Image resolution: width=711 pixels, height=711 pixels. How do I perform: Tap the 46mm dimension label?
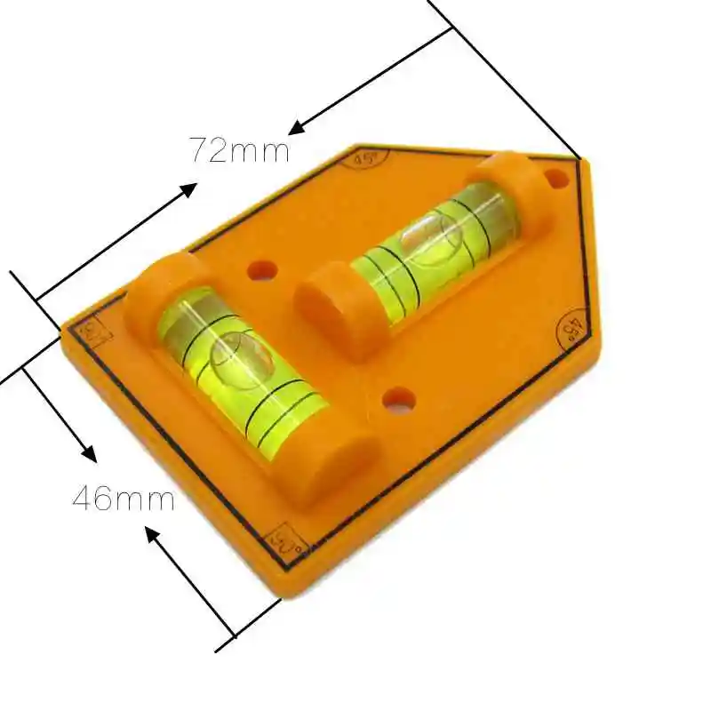(x=124, y=498)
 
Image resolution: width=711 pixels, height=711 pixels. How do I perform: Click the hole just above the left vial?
(x=262, y=268)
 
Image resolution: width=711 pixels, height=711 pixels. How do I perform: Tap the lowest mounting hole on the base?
(x=399, y=401)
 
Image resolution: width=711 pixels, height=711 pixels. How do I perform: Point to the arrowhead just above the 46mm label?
(x=87, y=452)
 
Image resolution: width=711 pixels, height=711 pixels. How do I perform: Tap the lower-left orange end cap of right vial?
(x=329, y=302)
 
